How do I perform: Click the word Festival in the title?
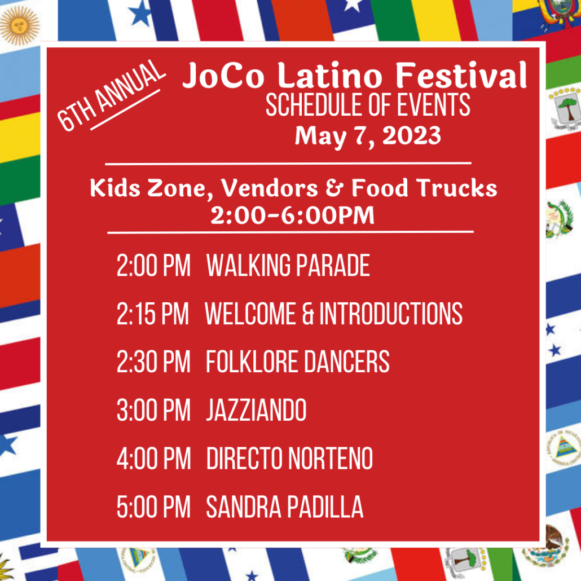461,75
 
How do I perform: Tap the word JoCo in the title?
223,76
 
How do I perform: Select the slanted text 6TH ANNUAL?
111,95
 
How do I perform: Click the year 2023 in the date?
412,135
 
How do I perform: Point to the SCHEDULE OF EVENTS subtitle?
368,105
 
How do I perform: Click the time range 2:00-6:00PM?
292,215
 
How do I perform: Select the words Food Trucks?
424,188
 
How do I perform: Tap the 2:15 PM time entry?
153,314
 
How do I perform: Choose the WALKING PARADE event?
288,265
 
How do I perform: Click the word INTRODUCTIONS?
391,314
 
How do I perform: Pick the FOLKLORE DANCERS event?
297,362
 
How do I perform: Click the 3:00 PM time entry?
153,410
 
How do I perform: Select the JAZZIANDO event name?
256,410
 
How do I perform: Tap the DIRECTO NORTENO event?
289,459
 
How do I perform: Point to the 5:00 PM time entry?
153,507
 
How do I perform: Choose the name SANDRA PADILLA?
284,507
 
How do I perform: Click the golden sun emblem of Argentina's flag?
19,25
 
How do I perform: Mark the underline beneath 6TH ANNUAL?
125,109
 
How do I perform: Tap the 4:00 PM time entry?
154,459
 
